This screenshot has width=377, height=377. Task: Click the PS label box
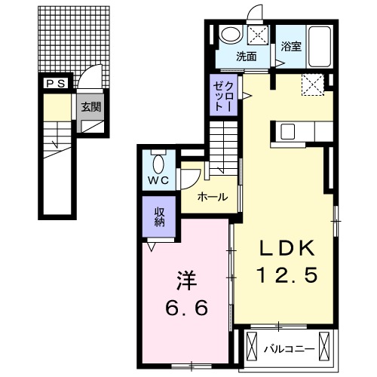coord(57,84)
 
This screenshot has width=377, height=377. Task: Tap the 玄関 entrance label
coord(90,107)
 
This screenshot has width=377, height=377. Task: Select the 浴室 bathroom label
coord(291,47)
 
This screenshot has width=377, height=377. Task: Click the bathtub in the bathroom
coord(319,47)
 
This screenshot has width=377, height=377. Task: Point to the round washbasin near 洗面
coord(231,34)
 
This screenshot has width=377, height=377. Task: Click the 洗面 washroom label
coord(246,57)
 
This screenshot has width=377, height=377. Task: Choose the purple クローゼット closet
coord(224,95)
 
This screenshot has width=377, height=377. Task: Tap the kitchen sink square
coord(287,131)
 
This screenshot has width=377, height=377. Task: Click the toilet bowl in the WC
coord(158,164)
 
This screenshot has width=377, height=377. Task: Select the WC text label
coord(158,180)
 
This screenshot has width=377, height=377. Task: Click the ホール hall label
coord(213,197)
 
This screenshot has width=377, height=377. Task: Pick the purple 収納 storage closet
coord(159,216)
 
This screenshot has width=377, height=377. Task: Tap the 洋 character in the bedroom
coord(186,281)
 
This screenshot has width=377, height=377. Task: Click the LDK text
coord(287,247)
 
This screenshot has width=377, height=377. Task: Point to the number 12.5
coord(287,274)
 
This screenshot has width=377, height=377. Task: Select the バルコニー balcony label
coord(290,349)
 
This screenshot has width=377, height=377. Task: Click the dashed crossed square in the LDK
coord(313,84)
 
